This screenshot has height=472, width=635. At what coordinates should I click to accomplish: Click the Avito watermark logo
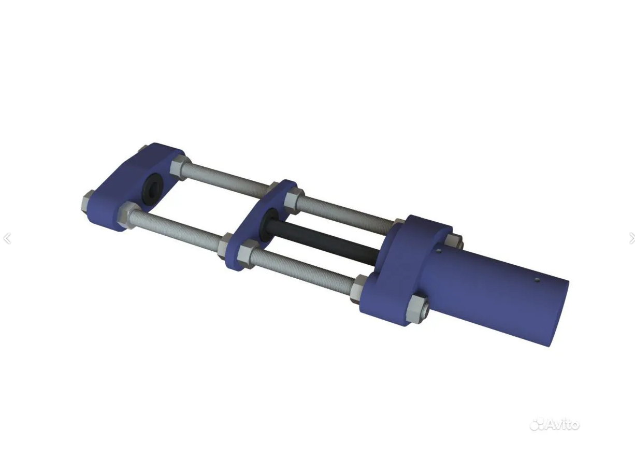click(x=555, y=424)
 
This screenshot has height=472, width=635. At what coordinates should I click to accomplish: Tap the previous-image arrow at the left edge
click(x=7, y=238)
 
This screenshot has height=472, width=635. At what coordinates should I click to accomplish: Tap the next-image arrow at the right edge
click(x=632, y=238)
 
